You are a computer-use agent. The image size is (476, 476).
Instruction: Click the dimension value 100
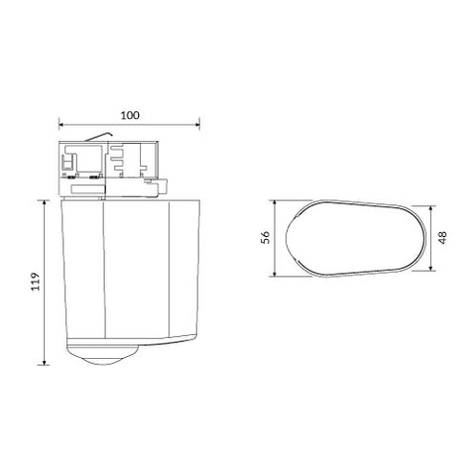(130, 115)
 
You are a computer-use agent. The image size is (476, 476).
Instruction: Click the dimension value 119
(36, 282)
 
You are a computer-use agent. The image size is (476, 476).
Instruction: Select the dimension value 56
(265, 237)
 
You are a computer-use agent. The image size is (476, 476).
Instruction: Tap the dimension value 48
(442, 238)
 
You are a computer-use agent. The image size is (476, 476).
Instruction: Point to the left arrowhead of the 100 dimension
(61, 125)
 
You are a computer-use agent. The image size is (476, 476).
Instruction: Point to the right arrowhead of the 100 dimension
(197, 125)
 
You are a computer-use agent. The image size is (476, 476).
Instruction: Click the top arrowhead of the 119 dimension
(44, 202)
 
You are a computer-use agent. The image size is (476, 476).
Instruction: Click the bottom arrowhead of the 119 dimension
(44, 363)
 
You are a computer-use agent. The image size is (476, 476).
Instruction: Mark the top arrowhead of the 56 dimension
(275, 202)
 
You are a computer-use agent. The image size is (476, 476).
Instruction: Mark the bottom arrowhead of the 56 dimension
(275, 274)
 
